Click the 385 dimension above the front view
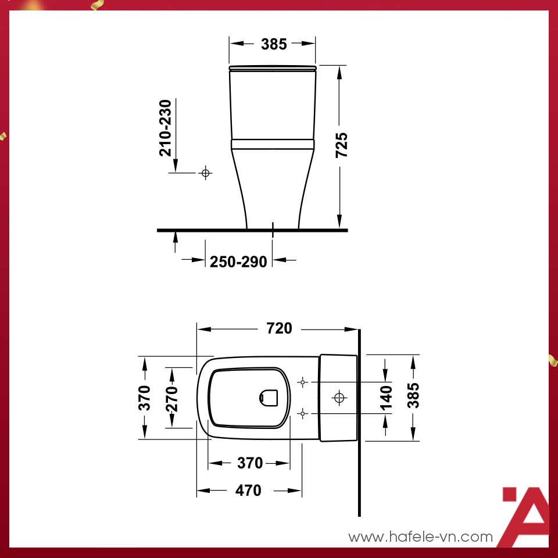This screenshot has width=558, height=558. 274,44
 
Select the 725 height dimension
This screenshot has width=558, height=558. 342,145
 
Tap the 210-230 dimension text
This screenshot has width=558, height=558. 166,127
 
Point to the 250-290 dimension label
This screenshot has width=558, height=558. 238,262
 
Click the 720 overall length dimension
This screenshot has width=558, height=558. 279,328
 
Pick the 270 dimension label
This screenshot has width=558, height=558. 173,398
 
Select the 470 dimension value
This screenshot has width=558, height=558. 248,491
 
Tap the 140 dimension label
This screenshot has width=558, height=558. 386,397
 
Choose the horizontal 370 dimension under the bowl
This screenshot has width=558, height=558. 250,463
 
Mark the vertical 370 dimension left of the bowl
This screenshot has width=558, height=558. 145,398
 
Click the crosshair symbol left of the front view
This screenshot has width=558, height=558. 205,173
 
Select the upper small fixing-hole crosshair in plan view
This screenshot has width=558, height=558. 302,382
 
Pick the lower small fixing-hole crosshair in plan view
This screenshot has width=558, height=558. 302,413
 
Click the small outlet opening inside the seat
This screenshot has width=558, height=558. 269,398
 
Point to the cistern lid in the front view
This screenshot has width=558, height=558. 273,69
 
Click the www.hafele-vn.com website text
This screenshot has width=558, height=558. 420,537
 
